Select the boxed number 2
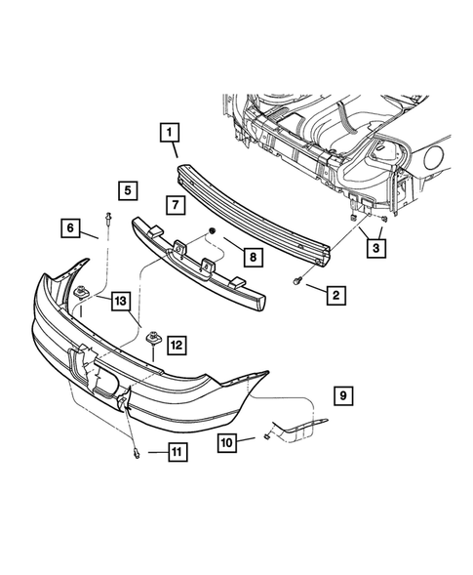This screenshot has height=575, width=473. coord(335,294)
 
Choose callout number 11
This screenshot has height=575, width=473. coord(177,451)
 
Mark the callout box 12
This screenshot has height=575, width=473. coord(176,344)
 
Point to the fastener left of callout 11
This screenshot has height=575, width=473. coord(137,450)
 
